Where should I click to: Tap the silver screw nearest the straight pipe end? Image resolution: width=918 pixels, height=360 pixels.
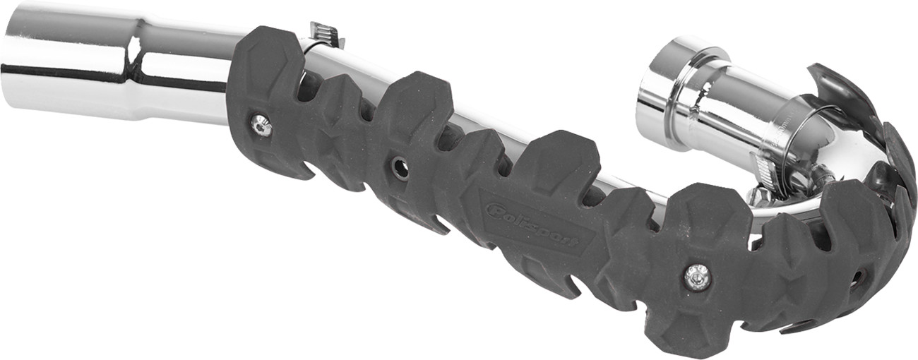[x=261, y=126]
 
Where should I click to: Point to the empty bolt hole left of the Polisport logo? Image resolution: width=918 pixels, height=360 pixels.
[x=400, y=168]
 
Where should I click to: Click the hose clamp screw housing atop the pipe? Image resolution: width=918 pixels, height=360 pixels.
[x=326, y=33]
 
